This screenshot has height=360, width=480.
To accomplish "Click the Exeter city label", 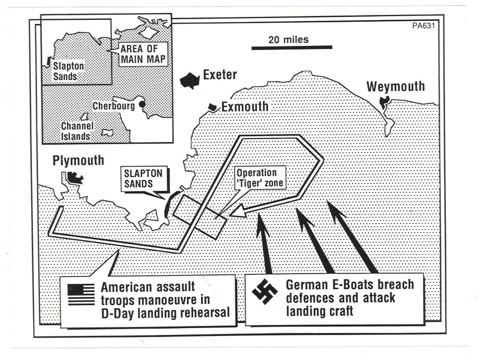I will (x=220, y=75).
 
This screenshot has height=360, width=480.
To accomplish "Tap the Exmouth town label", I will (x=245, y=107).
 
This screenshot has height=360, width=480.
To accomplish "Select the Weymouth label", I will (x=396, y=86).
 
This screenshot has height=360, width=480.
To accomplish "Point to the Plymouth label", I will (x=78, y=161).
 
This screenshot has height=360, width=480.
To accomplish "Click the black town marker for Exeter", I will (x=189, y=81).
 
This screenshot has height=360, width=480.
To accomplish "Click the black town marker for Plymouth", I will (x=74, y=178).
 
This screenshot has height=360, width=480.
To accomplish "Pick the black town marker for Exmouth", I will (x=214, y=107).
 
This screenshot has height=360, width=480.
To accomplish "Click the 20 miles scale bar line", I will (x=292, y=48).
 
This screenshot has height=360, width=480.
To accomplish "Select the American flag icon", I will (x=81, y=294).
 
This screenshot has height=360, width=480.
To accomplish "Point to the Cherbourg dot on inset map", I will (x=142, y=105).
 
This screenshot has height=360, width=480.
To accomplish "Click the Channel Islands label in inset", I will (x=77, y=131).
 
